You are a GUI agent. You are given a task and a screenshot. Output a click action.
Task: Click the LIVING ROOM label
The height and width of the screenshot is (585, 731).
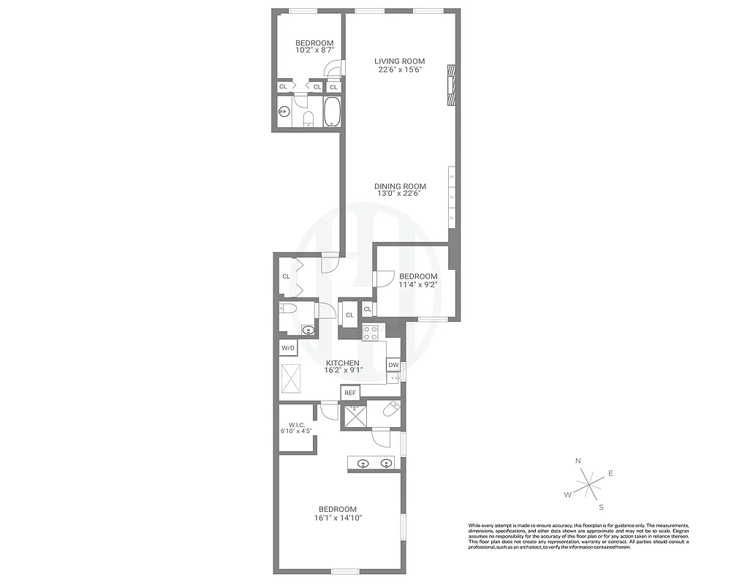tap(399, 61)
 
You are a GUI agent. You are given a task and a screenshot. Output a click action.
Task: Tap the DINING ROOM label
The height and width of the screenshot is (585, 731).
tap(401, 186)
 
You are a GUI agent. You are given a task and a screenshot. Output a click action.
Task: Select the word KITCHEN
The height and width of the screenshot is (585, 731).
tap(342, 363)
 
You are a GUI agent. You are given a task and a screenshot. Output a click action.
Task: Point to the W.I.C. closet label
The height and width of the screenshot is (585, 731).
tap(296, 424)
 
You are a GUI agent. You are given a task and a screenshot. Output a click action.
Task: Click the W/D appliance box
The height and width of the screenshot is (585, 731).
tap(288, 348)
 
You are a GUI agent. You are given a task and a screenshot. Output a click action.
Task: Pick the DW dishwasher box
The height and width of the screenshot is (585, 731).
tap(393, 365)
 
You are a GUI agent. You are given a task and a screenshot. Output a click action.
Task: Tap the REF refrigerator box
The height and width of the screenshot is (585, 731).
tap(350, 393)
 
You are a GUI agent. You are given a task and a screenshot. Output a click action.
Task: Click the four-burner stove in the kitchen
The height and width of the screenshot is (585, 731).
tap(371, 333)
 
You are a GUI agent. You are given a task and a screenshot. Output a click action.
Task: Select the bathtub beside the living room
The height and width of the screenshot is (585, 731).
tap(333, 113)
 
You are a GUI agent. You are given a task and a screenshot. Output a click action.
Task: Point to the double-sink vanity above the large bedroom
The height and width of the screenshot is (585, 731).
tap(373, 462)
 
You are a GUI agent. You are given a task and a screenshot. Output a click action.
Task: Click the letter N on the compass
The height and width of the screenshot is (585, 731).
tap(578, 461)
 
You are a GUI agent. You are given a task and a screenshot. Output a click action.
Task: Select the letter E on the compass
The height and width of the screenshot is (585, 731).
tap(610, 473)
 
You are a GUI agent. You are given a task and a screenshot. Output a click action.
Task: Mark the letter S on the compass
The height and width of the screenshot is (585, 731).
tap(601, 507)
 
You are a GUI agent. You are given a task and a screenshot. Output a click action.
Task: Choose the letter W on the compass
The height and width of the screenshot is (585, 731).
tap(567, 494)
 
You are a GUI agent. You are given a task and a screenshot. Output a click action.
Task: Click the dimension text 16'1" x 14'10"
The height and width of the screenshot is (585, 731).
tap(337, 518)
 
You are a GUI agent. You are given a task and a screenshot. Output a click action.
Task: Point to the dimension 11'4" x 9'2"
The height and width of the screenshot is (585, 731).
tap(418, 285)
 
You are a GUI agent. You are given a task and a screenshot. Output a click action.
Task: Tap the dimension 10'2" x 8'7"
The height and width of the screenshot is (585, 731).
tap(314, 50)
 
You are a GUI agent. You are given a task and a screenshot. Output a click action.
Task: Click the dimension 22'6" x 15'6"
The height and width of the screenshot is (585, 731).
tap(400, 69)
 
